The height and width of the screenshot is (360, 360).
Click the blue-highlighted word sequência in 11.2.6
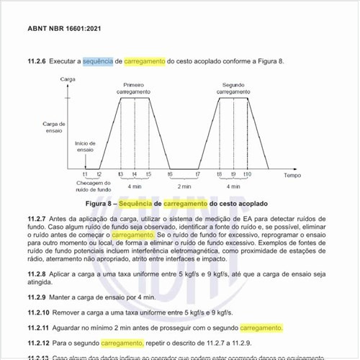coord(98,62)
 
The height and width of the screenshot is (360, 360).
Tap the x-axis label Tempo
coord(292,176)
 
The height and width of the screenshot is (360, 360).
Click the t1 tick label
coord(85,176)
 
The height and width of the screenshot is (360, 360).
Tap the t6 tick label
coord(171,176)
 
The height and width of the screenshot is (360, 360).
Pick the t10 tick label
coord(247,176)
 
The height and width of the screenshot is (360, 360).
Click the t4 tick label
coord(135,176)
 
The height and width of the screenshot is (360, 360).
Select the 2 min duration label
coord(185,186)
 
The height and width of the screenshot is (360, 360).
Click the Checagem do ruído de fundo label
coord(92,186)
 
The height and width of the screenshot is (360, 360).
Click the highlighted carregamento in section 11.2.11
coord(261,328)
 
